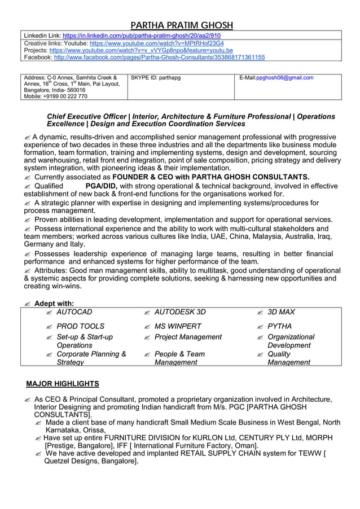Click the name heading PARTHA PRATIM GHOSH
pyautogui.click(x=181, y=25)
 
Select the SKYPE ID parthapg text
pyautogui.click(x=155, y=77)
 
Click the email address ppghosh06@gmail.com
pyautogui.click(x=285, y=77)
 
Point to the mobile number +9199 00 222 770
pyautogui.click(x=55, y=96)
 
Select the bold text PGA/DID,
pyautogui.click(x=102, y=186)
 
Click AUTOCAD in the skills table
pyautogui.click(x=74, y=312)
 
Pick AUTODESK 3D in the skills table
pyautogui.click(x=180, y=312)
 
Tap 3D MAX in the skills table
pyautogui.click(x=281, y=312)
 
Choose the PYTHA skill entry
pyautogui.click(x=280, y=326)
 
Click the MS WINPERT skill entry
pyautogui.click(x=178, y=326)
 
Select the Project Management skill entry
pyautogui.click(x=188, y=337)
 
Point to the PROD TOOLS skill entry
pyautogui.click(x=81, y=326)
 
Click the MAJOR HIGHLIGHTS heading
pyautogui.click(x=63, y=384)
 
